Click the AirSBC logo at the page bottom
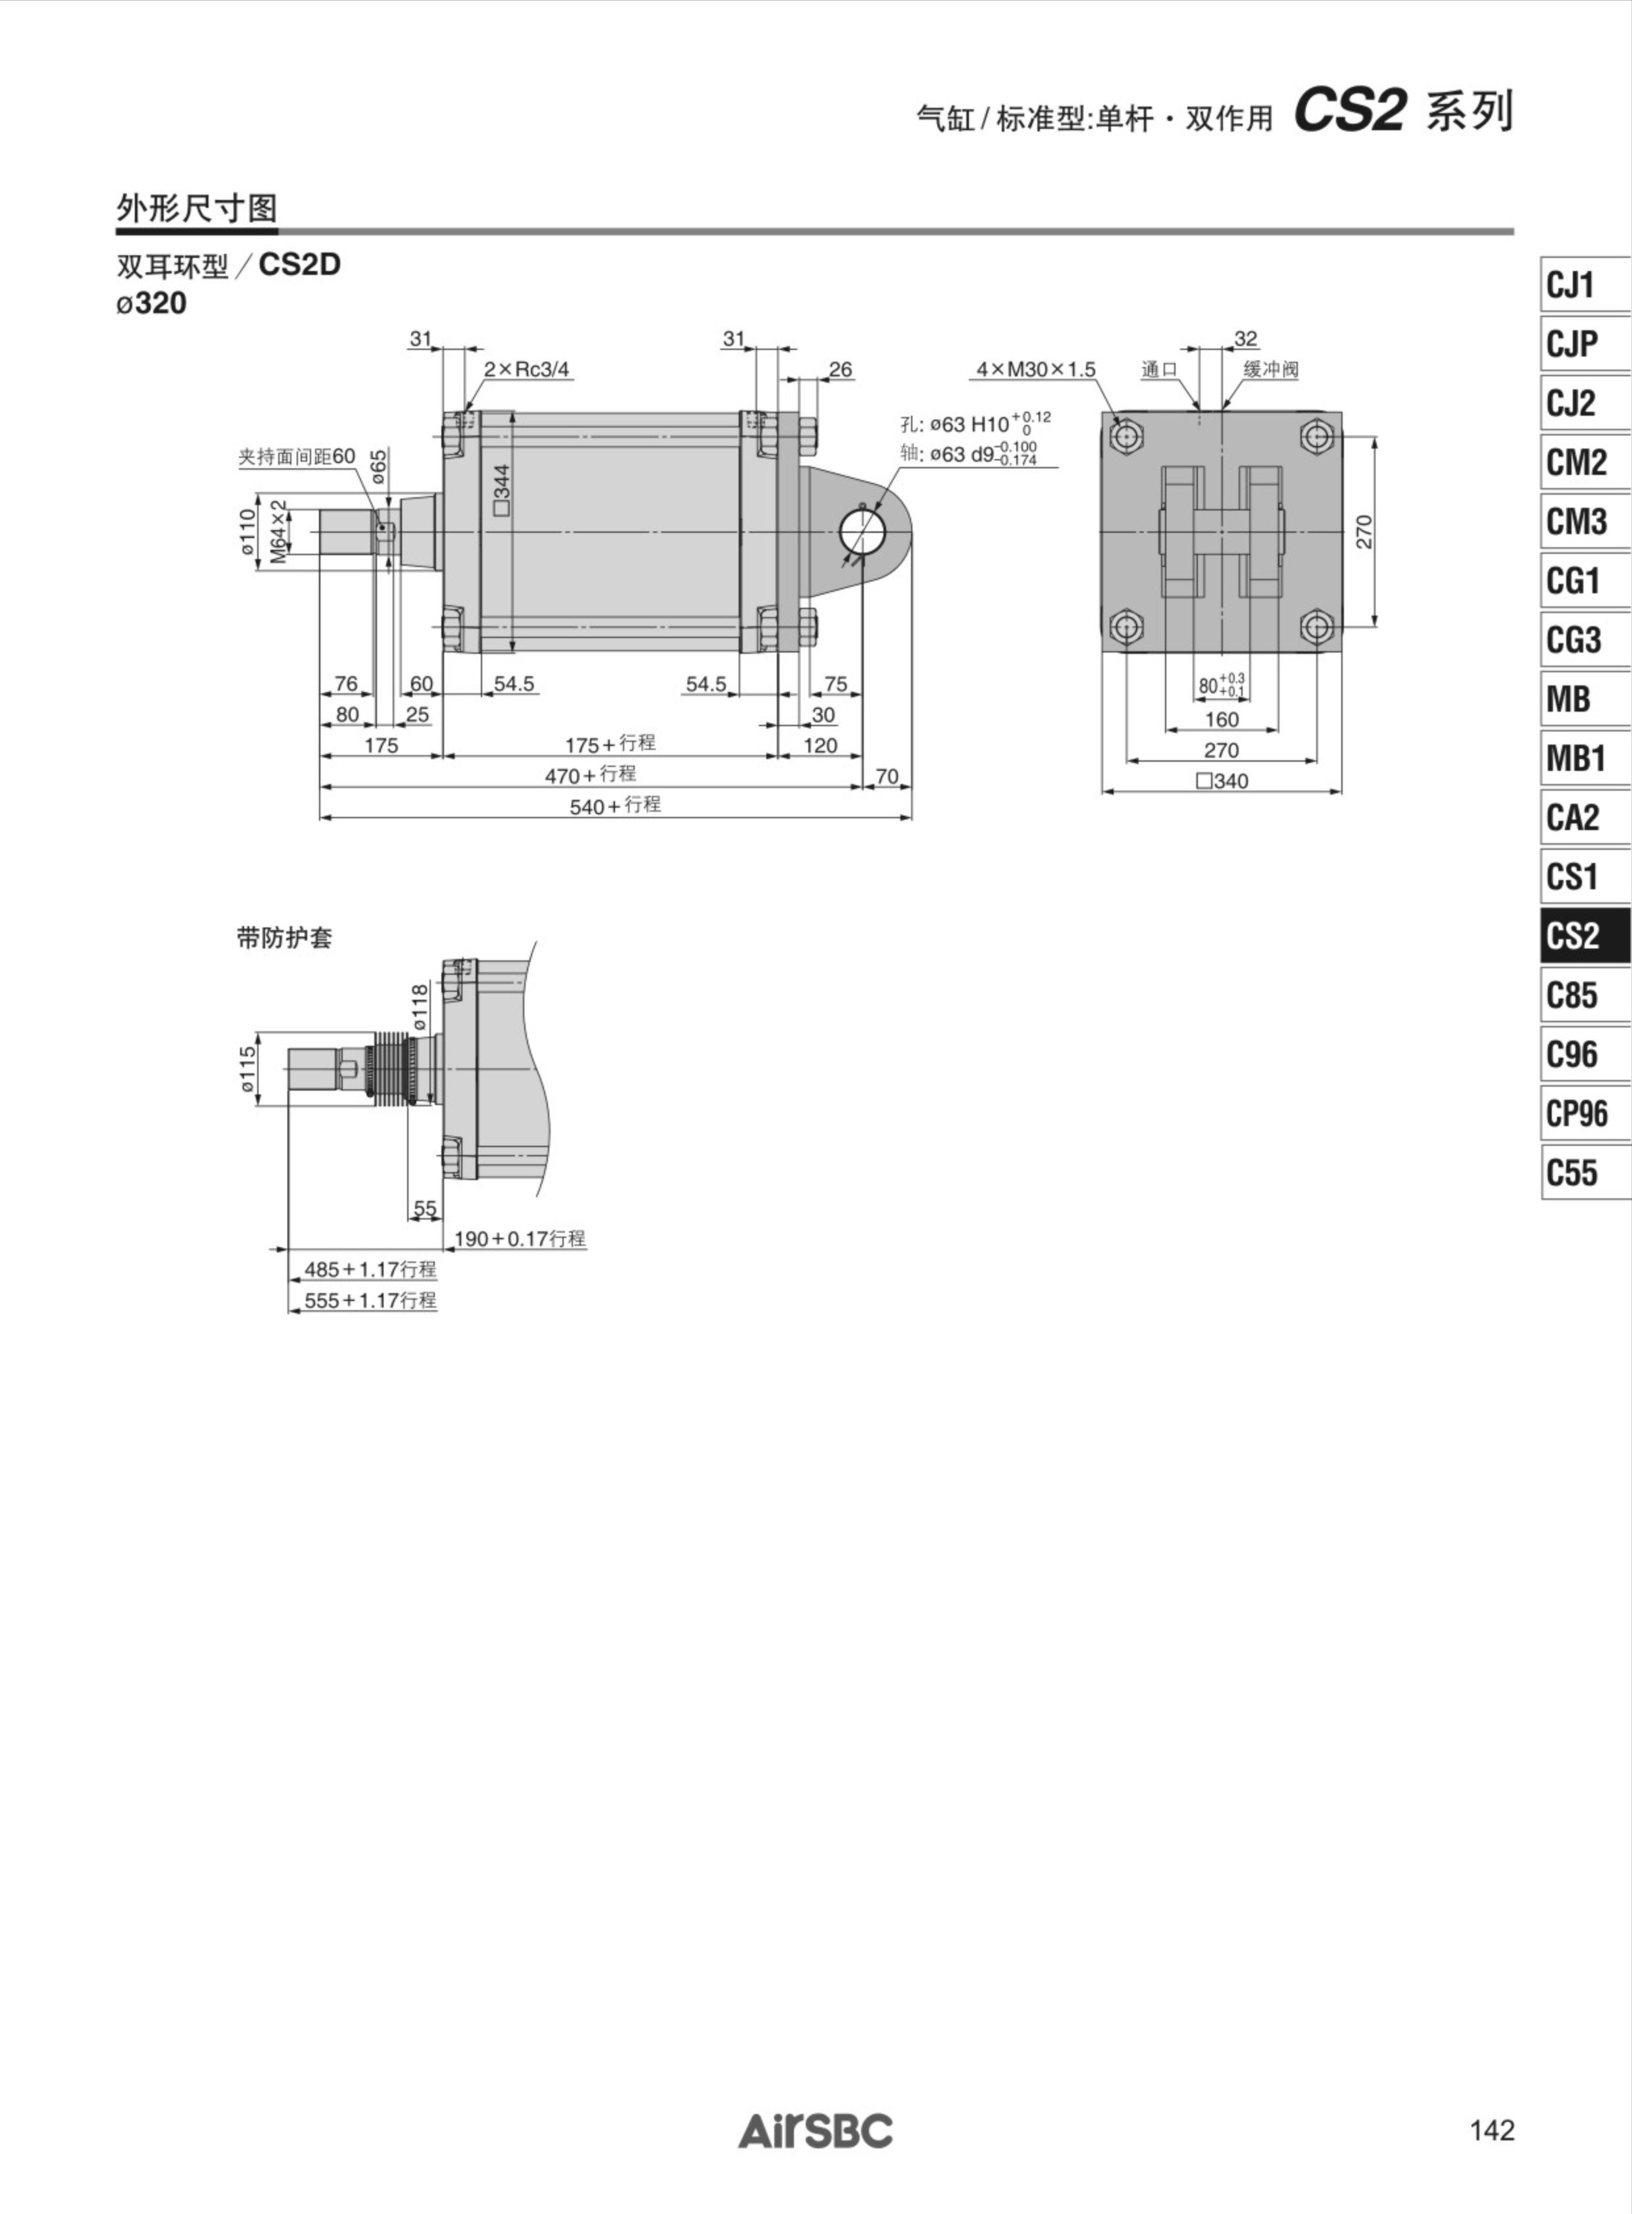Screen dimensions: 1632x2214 pyautogui.click(x=815, y=2130)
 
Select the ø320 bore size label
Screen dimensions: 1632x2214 pyautogui.click(x=151, y=303)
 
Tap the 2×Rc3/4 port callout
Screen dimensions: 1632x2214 pyautogui.click(x=526, y=370)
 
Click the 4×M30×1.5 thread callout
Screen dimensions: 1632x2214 pyautogui.click(x=1035, y=370)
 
